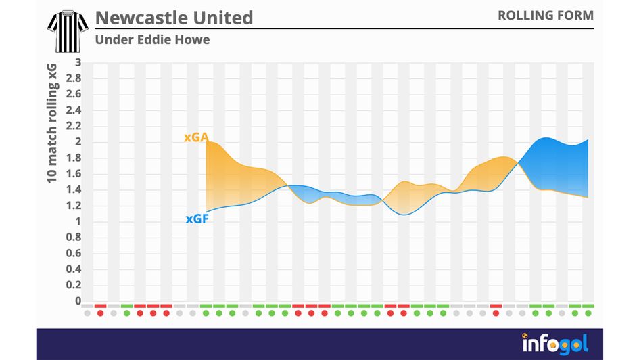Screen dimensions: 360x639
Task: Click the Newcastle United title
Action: point(174,17)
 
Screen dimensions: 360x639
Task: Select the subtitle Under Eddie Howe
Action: point(152,39)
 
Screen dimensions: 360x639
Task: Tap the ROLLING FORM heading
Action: point(546,15)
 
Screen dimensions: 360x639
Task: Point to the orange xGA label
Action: point(195,137)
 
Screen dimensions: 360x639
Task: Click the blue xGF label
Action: point(195,219)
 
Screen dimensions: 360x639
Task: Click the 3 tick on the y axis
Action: point(78,63)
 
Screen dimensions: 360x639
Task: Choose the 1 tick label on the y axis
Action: point(78,221)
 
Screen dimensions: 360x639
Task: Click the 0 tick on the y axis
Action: point(78,301)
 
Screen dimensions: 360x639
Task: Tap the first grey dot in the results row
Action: point(87,313)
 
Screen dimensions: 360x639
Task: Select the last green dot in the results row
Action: point(588,313)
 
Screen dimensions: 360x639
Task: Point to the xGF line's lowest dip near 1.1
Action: point(404,215)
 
